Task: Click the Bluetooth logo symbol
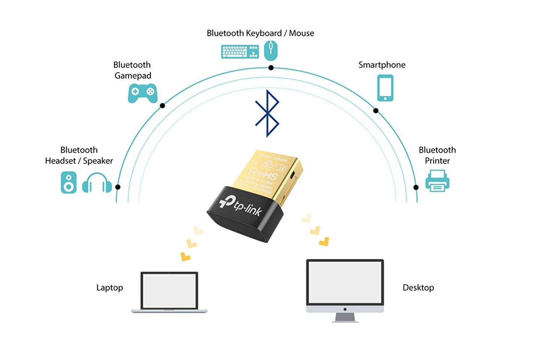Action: point(267,113)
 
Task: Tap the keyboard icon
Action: point(240,52)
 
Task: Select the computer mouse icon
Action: point(270,51)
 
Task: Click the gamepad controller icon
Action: point(143,93)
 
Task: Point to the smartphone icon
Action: point(385,88)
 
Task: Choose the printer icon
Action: point(437,181)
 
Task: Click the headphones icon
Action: point(97,183)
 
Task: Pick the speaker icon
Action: point(69,183)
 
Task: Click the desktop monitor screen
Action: point(345,282)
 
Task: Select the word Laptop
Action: point(110,288)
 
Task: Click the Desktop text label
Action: point(418,288)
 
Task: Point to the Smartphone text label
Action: point(382,65)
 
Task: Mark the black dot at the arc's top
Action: point(271,68)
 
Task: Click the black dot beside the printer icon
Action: point(416,187)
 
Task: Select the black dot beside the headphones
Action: point(118,187)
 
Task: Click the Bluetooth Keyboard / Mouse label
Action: point(260,33)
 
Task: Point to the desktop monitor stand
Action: point(345,317)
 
